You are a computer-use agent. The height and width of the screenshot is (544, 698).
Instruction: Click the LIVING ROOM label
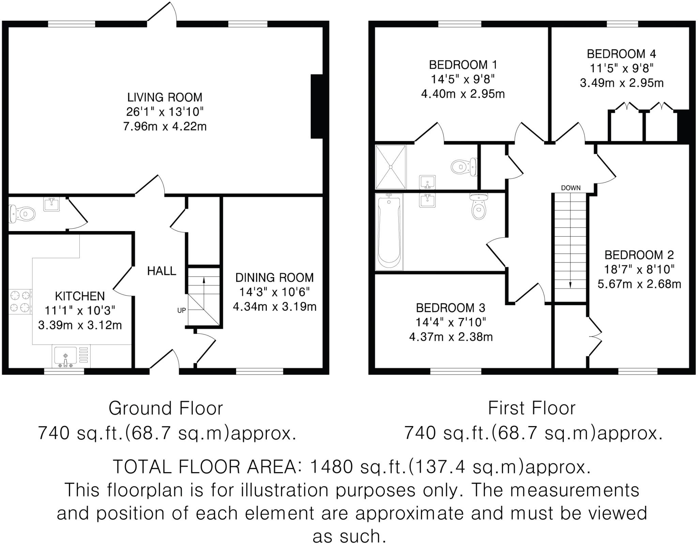coord(165,97)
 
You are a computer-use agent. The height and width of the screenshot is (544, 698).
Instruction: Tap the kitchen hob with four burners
coord(20,301)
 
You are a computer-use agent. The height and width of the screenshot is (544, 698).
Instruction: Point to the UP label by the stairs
coord(181,311)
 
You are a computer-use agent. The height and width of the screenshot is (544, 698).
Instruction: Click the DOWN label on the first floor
coord(571,188)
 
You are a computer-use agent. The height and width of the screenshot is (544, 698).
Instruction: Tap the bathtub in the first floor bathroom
coord(389,232)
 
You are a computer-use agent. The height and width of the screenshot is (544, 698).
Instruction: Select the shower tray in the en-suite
coord(391,167)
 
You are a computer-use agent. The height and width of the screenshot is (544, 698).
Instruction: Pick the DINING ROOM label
coord(274,278)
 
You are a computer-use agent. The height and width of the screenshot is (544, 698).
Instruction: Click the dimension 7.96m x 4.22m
coord(165,127)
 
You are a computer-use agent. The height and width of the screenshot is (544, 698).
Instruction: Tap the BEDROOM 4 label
coord(621,54)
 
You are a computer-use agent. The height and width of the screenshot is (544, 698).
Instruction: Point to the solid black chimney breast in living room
coord(317,106)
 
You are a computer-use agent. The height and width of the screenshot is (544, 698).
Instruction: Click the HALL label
coord(162,271)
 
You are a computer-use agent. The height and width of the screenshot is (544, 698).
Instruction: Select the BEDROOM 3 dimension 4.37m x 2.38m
coord(451,337)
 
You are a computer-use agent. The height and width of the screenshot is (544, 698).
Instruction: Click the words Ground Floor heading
coord(166,408)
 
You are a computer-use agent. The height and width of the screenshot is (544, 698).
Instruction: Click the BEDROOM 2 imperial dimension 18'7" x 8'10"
coord(639,270)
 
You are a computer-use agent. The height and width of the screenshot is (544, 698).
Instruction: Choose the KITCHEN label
coord(80,296)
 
